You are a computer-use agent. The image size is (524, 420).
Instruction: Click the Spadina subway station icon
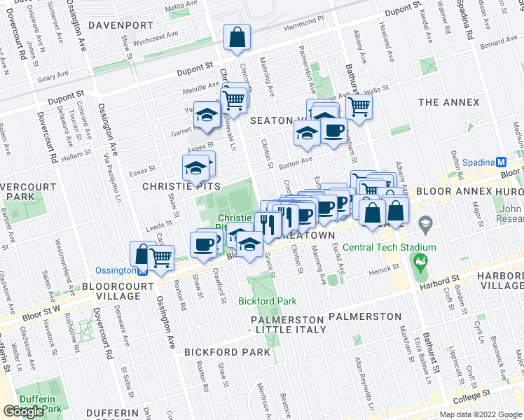(501, 162)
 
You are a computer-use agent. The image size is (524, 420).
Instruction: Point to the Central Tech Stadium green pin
(420, 264)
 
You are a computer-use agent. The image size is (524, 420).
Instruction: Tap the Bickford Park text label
(267, 301)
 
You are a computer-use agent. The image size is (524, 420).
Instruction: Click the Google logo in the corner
(24, 412)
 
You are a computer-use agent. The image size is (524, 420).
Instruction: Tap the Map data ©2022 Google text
(481, 414)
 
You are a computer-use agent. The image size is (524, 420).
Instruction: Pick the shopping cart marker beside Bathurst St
(359, 107)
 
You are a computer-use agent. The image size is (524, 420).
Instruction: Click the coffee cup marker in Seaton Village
(333, 130)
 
